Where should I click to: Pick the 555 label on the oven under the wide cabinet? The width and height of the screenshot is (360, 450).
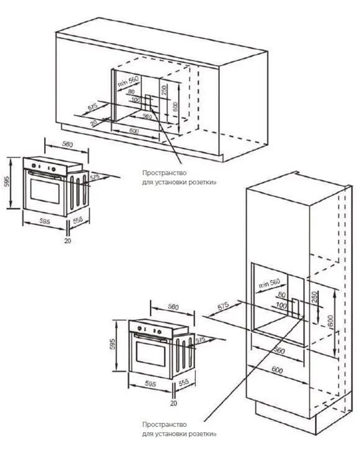pyautogui.click(x=78, y=221)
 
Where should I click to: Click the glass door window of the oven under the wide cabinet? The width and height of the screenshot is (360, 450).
pyautogui.click(x=45, y=192)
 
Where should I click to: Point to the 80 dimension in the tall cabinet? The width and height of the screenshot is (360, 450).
pyautogui.click(x=282, y=295)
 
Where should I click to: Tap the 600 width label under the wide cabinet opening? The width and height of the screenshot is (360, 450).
pyautogui.click(x=135, y=130)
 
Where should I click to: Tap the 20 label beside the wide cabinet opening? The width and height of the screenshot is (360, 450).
pyautogui.click(x=94, y=122)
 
